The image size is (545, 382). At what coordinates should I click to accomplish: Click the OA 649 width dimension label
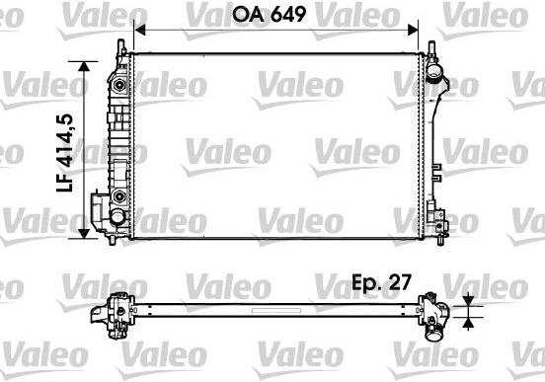pos(270,14)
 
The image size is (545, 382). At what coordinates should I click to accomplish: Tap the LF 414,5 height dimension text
pos(65,153)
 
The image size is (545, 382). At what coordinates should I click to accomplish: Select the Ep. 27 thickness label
pos(382,282)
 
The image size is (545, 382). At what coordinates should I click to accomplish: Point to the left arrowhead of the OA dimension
pos(139,30)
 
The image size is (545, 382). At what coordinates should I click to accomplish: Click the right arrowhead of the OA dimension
pos(413,30)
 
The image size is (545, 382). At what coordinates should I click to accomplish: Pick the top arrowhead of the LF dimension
pos(84,66)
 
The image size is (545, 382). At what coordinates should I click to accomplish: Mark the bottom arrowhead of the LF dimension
pos(84,234)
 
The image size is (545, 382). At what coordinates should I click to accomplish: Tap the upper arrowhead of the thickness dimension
pos(469,300)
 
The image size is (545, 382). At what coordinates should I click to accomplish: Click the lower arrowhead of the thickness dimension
pos(469,323)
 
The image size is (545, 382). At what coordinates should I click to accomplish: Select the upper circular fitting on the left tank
pos(119,85)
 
